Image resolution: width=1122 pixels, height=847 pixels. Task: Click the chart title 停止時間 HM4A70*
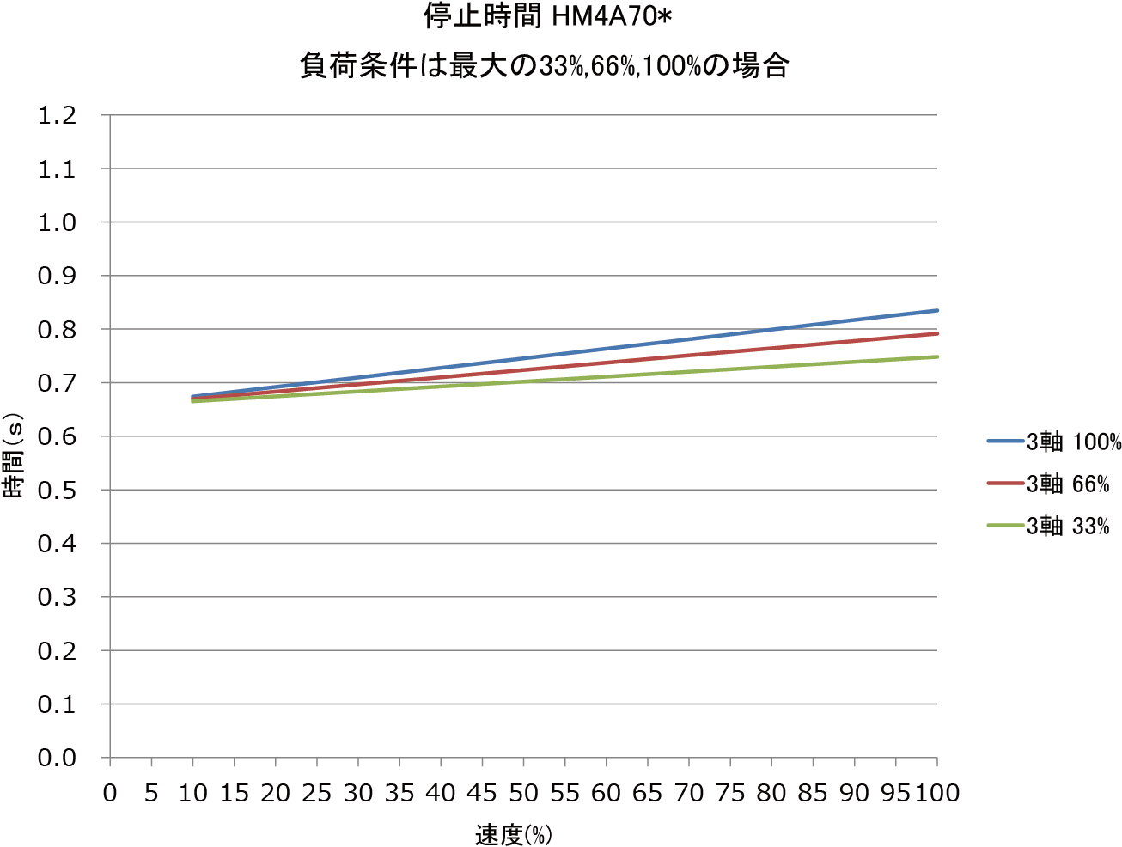547,16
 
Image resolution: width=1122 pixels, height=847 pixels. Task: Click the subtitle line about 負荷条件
545,66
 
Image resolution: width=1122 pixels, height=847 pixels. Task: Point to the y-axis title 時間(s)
15,456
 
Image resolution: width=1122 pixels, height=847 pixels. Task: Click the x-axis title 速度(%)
514,834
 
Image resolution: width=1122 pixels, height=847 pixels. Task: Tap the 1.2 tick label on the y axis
57,115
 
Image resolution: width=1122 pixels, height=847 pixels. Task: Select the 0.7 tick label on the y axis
57,383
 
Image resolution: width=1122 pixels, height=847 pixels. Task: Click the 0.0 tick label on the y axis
57,758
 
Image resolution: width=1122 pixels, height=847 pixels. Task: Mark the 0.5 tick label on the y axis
57,491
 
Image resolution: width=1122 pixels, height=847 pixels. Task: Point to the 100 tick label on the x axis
936,793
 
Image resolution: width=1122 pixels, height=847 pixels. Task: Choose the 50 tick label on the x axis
523,793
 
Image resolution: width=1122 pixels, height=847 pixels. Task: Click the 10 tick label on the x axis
192,793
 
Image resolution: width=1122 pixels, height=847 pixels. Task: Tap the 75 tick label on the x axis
730,793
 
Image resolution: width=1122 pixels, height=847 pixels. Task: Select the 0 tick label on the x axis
110,793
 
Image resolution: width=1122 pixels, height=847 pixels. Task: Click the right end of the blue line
936,310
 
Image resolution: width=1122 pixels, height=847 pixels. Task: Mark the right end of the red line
936,333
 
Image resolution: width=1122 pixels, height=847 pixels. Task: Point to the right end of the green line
936,356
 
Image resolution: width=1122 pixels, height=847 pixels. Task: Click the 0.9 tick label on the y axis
57,276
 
